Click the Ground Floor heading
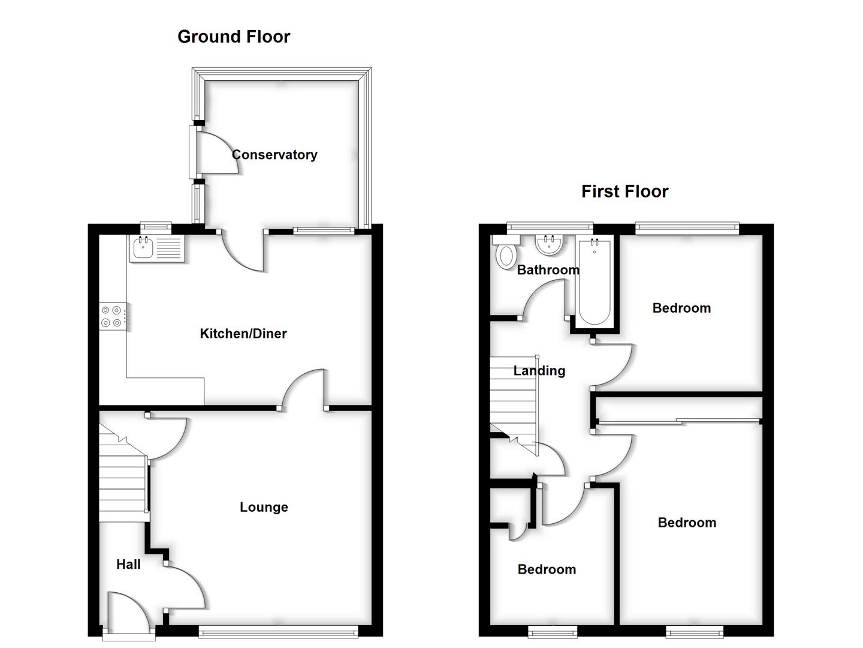click(x=234, y=37)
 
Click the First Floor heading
click(x=624, y=191)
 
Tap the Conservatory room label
click(x=274, y=155)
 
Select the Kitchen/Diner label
click(x=243, y=334)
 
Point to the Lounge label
click(x=264, y=508)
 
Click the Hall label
click(x=128, y=565)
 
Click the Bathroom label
click(x=548, y=270)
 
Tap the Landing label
click(x=539, y=371)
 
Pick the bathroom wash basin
click(x=548, y=245)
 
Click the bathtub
click(x=595, y=281)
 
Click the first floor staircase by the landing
click(x=513, y=396)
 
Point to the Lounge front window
click(x=279, y=630)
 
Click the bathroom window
click(x=550, y=227)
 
